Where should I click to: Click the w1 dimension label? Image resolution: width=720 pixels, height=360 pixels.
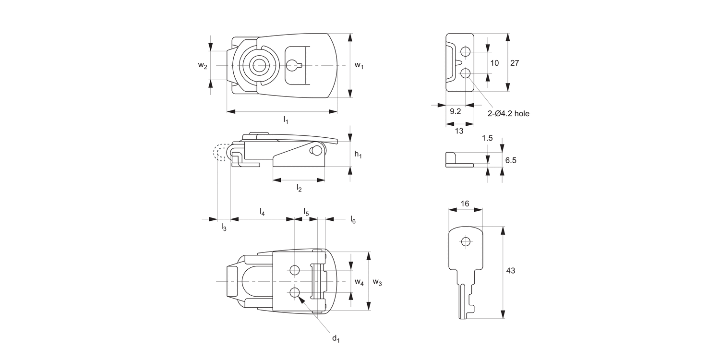(359, 65)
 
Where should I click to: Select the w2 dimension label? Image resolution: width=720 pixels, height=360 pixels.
(203, 66)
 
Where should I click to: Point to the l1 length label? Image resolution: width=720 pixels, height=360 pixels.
(285, 120)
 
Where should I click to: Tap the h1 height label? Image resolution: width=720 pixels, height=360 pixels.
(358, 154)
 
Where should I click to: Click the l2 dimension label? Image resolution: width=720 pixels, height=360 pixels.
(299, 188)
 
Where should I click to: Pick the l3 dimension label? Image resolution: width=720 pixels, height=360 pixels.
(224, 227)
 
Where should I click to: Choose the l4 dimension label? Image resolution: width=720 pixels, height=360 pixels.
(262, 211)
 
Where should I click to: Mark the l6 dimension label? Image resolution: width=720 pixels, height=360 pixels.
(353, 220)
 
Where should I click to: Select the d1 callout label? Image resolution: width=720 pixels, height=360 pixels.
(336, 339)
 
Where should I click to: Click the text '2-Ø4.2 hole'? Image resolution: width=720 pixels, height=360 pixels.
(508, 114)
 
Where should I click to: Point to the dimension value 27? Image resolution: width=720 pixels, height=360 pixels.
(514, 63)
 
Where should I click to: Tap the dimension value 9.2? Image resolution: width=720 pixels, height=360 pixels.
(456, 111)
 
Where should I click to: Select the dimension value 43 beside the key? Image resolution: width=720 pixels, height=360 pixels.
(510, 271)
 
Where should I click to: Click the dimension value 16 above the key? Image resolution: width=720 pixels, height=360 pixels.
(465, 204)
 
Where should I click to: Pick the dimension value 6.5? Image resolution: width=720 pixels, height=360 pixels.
(511, 160)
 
